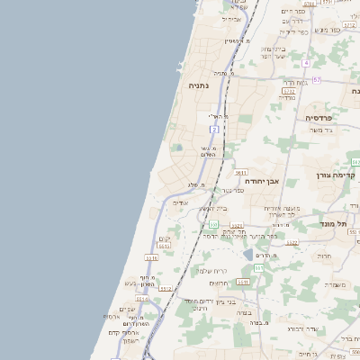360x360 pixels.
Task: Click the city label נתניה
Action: click(199, 85)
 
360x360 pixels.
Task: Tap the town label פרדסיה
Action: click(319, 118)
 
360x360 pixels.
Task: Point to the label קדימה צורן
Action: click(338, 174)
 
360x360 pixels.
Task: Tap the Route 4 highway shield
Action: click(306, 63)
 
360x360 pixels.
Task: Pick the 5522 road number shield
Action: click(290, 91)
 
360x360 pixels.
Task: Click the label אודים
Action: click(181, 203)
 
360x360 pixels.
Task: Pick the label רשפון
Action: click(126, 340)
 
